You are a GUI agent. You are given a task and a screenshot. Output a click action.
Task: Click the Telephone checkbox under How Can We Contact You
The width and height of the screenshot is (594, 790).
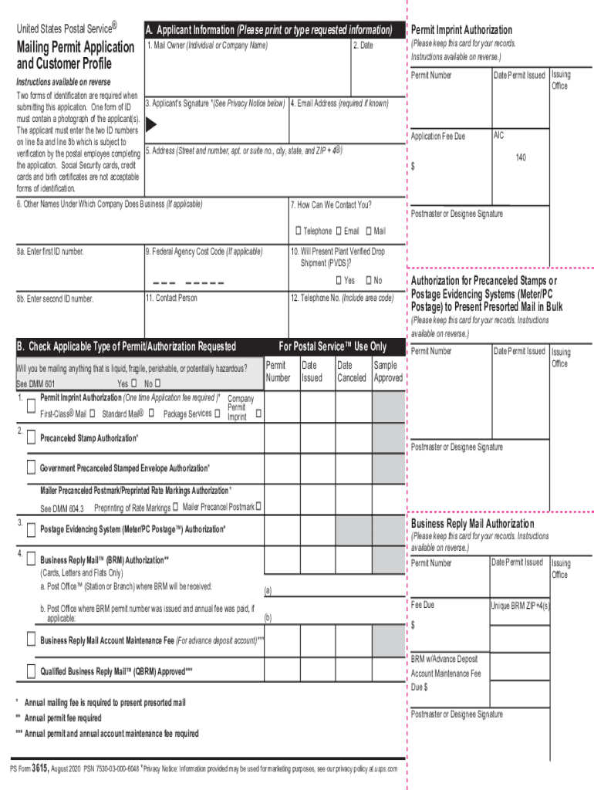(x=298, y=231)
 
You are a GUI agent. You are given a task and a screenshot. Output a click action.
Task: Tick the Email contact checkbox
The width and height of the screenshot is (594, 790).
(x=339, y=231)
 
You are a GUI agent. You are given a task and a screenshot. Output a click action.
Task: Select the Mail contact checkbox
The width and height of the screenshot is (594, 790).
(x=369, y=231)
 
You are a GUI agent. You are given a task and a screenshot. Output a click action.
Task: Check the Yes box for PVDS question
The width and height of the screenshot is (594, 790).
(x=339, y=280)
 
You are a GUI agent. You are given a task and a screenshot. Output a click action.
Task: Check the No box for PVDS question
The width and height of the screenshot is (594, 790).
(x=369, y=280)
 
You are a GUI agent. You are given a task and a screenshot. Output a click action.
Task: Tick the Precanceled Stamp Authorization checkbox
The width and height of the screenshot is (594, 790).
(x=31, y=437)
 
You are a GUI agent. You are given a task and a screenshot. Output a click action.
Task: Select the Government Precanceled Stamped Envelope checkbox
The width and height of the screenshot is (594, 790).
(x=31, y=467)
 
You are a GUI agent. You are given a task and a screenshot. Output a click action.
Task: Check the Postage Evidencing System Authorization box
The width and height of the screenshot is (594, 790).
(x=31, y=529)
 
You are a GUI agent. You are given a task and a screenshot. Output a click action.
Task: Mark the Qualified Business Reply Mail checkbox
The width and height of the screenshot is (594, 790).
(x=31, y=670)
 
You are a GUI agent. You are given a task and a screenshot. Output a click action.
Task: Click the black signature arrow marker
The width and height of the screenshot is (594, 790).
(x=152, y=124)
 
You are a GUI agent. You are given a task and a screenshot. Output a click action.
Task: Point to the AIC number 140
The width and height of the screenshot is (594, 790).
(x=521, y=157)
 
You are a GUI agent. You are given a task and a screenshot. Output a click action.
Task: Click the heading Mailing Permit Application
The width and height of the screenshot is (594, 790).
(x=76, y=48)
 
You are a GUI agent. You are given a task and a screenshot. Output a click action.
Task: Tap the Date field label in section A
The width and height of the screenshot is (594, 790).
(x=363, y=46)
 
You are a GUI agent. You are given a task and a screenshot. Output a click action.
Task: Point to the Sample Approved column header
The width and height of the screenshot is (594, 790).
(x=388, y=371)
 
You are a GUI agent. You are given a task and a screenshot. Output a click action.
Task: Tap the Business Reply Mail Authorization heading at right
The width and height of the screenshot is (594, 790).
(x=472, y=524)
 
